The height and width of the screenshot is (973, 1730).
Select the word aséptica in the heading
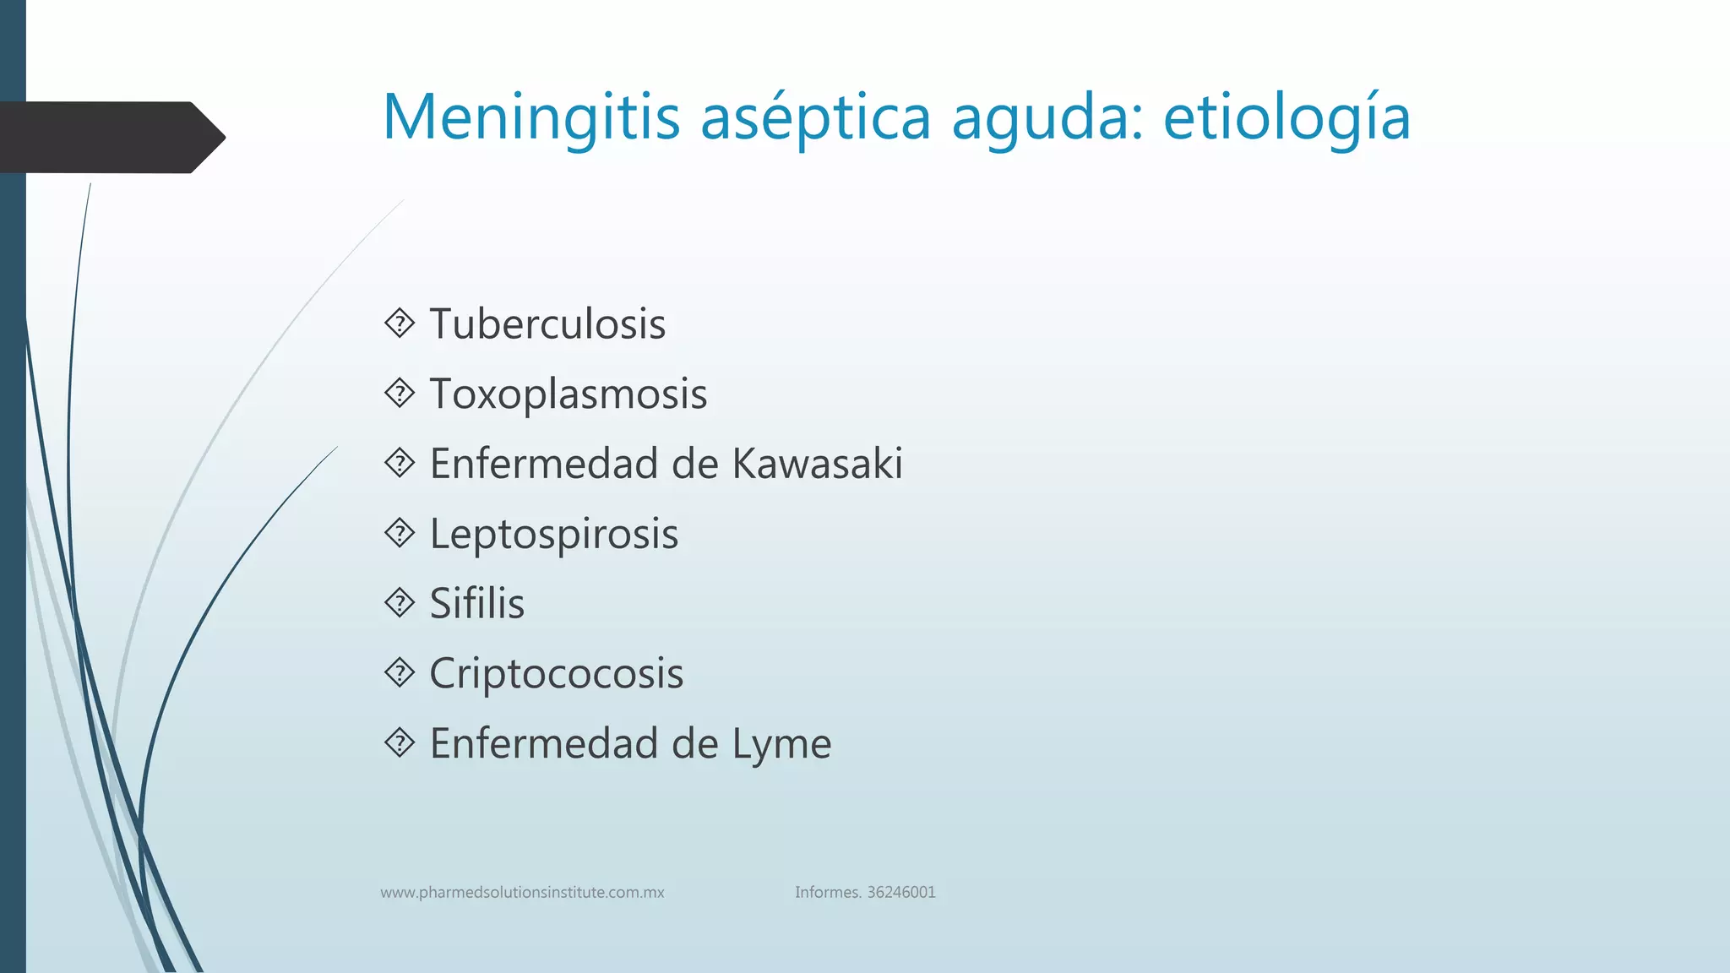(815, 118)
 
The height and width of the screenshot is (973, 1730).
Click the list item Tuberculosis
(547, 324)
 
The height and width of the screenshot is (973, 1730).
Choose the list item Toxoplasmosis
(568, 394)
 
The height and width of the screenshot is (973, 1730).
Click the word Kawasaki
(817, 464)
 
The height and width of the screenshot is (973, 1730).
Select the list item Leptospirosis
(553, 535)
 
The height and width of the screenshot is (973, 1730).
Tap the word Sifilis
(476, 604)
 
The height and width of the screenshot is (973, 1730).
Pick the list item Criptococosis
(556, 674)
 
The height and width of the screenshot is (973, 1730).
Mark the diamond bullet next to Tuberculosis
(400, 323)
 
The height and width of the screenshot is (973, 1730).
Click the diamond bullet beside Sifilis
(400, 603)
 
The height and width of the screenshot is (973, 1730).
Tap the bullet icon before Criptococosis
(400, 673)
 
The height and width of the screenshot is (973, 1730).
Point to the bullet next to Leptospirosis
(400, 533)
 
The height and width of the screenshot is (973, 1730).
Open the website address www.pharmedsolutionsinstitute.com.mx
(522, 893)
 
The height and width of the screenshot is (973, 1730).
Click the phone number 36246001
(901, 893)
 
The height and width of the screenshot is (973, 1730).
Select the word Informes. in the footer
(828, 893)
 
